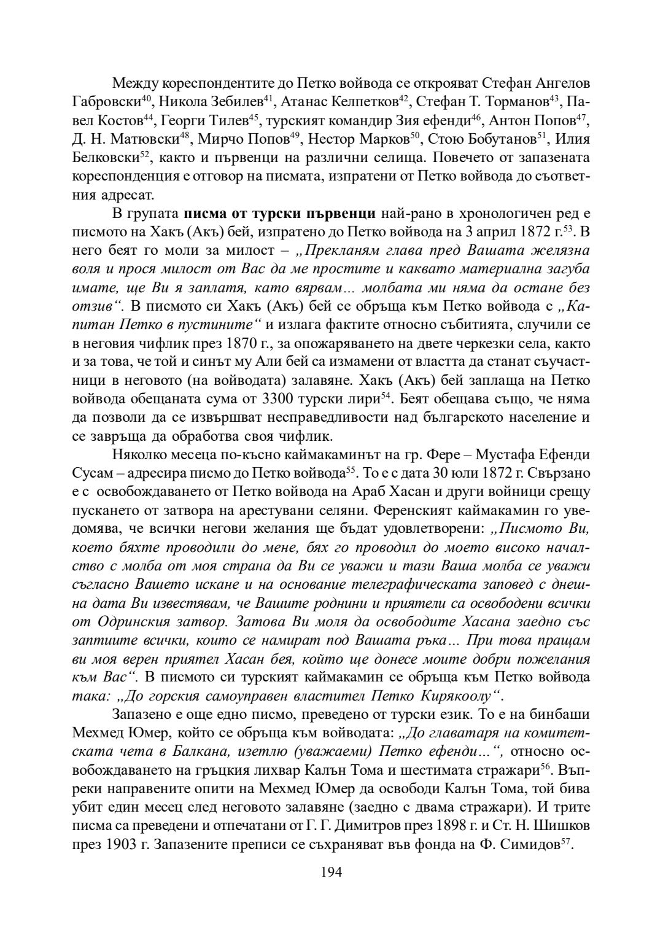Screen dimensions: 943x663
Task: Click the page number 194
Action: pyautogui.click(x=331, y=872)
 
